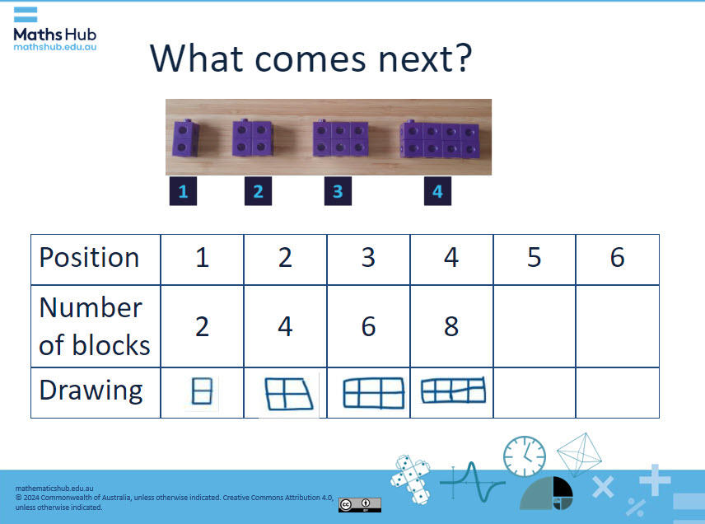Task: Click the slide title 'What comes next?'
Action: [x=311, y=58]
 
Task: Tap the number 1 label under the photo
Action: [x=183, y=191]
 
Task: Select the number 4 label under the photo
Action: [x=437, y=191]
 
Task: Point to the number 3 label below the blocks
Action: [x=337, y=191]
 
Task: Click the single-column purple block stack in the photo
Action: [x=183, y=138]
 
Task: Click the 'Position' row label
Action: [x=89, y=258]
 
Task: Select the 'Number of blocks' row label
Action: [x=94, y=326]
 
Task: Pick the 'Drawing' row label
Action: [x=91, y=391]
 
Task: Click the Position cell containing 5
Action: [x=534, y=259]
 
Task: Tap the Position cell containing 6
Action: [x=617, y=259]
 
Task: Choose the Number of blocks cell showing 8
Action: [x=451, y=326]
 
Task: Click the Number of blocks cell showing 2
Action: [x=202, y=326]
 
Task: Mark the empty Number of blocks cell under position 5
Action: [x=534, y=326]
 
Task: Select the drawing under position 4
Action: [x=452, y=390]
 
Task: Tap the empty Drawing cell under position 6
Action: [x=617, y=392]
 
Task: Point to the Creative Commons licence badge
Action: [x=359, y=504]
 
